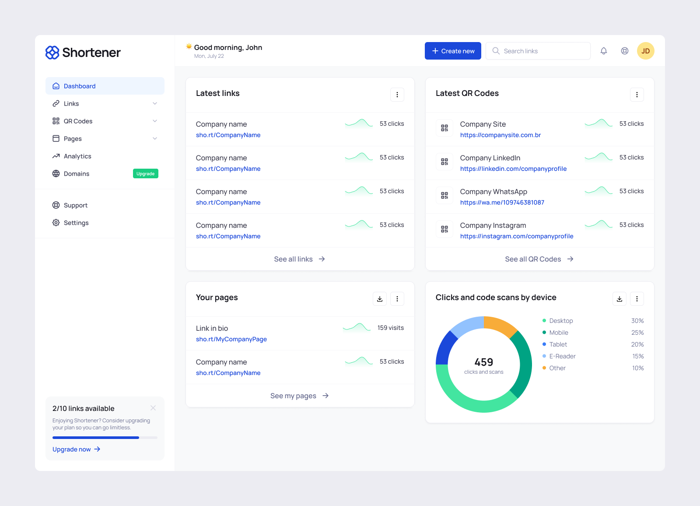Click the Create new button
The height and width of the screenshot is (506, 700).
[x=453, y=51]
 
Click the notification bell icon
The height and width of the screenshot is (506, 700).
[x=604, y=51]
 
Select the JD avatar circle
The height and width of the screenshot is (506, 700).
[x=645, y=51]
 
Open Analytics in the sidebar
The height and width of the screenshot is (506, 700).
[x=77, y=156]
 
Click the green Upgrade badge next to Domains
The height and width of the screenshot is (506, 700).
[x=145, y=174]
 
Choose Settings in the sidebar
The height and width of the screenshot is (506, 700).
[x=76, y=223]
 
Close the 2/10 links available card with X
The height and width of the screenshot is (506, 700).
[x=153, y=408]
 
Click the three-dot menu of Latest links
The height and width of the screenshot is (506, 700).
[x=397, y=95]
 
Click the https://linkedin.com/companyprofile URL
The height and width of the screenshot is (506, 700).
[x=513, y=169]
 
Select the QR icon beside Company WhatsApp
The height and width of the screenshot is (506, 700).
[x=444, y=195]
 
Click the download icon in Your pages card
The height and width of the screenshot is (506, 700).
[x=379, y=299]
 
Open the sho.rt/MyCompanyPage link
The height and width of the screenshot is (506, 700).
[x=231, y=340]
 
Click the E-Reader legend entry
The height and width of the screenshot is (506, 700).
[x=562, y=357]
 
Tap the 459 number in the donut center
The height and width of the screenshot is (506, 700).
[x=483, y=362]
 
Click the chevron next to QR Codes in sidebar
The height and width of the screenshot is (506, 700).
[x=155, y=121]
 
